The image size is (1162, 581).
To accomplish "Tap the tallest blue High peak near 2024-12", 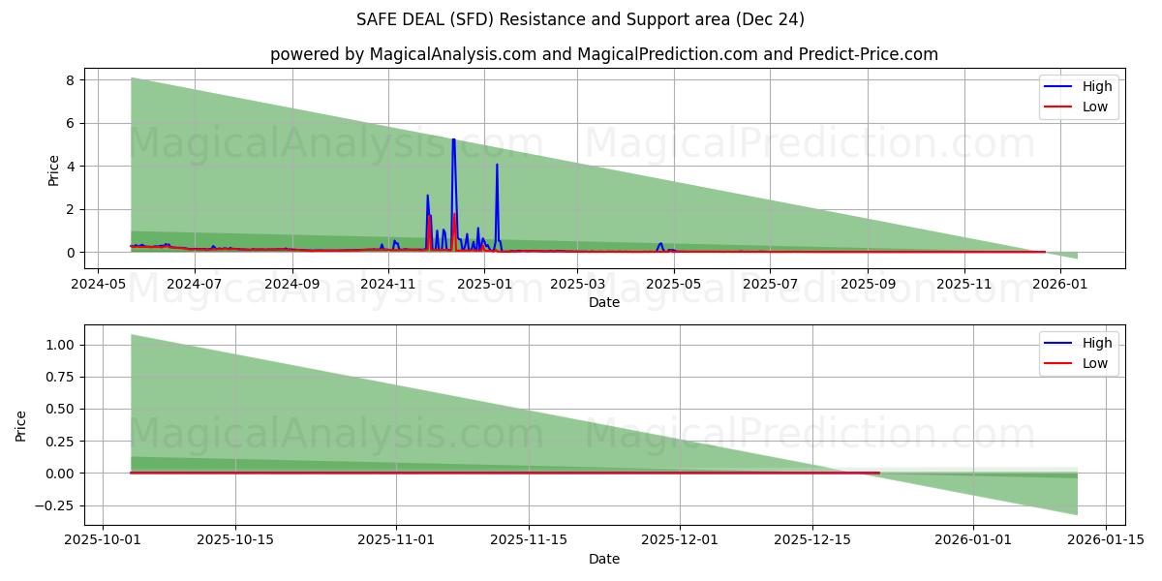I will click(453, 140).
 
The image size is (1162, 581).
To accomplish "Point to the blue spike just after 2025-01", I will click(497, 166).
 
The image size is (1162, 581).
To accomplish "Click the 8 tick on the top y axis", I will click(70, 80).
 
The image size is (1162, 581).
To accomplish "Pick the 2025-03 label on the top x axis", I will click(577, 285).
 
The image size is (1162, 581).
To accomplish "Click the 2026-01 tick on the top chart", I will click(1061, 285).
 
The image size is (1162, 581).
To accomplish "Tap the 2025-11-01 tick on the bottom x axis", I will click(396, 540).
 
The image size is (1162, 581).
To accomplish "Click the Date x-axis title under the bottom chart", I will click(604, 559).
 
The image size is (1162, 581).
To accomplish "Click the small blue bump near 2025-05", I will click(660, 245).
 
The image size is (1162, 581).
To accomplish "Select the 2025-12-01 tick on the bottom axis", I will click(680, 540).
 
